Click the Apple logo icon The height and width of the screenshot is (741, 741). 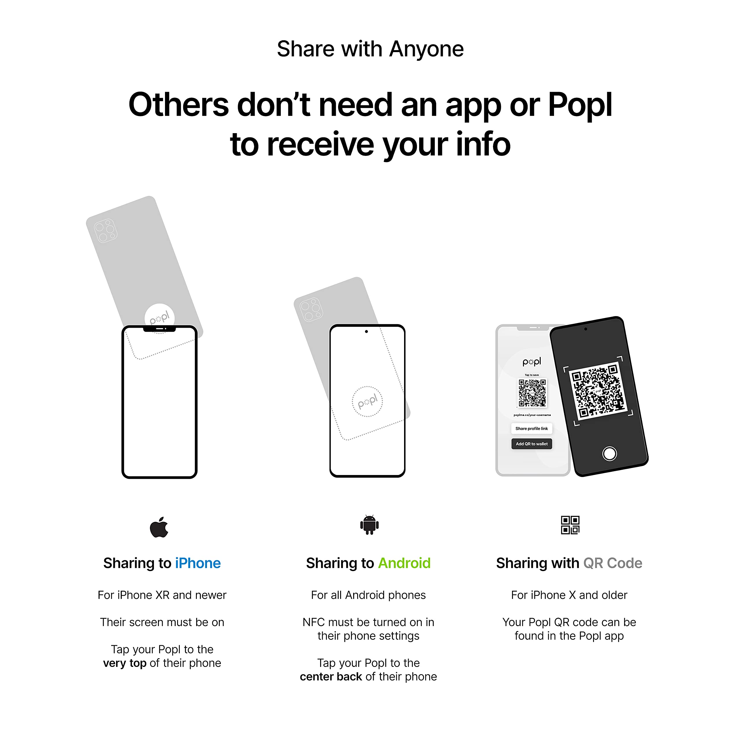point(159,527)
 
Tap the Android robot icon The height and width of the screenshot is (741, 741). point(369,525)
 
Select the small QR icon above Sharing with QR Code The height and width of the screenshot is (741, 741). point(570,525)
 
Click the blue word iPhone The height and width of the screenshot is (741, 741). point(198,563)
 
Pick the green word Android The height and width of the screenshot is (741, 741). point(404,563)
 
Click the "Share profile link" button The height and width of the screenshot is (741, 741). point(532,428)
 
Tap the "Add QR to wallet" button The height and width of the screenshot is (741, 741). point(532,444)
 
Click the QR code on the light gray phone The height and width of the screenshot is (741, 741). point(532,393)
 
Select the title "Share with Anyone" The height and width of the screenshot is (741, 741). point(370,49)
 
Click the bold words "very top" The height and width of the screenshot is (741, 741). point(125,663)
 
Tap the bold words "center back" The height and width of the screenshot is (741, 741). point(331,676)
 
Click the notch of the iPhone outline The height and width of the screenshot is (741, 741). point(159,329)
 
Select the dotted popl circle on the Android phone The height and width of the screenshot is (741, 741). point(367,401)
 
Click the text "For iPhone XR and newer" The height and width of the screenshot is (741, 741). point(162,595)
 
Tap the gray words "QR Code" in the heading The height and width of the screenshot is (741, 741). point(612,563)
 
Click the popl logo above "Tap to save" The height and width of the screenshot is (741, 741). point(532,362)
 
